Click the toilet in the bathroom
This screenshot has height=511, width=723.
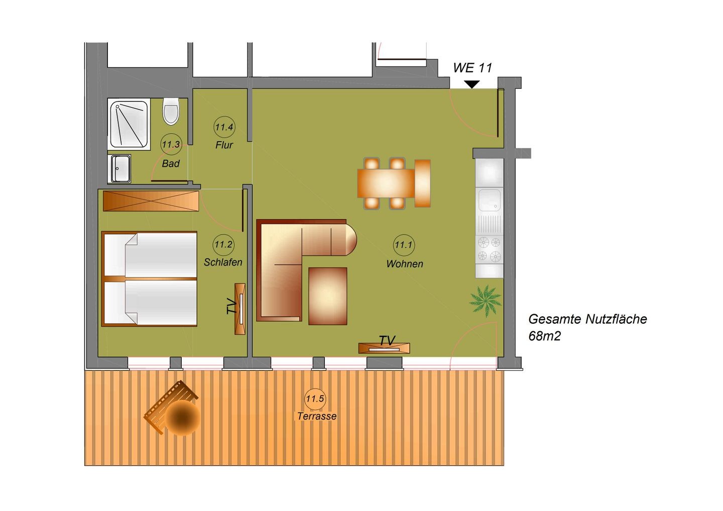pos(171,111)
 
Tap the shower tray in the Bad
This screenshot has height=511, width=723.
pos(129,124)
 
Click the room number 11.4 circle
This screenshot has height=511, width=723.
pos(224,127)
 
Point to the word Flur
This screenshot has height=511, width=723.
pos(224,145)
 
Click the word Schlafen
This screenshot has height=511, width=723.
pos(223,262)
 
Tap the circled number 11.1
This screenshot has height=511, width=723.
pos(404,245)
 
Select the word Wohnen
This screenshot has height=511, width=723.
pos(405,264)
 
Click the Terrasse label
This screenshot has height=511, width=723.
pos(317,416)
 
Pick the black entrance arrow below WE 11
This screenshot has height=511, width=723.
pos(472,84)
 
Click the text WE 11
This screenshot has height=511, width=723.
pos(472,68)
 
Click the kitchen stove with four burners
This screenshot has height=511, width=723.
pos(489,249)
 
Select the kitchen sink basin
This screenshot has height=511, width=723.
pos(490,200)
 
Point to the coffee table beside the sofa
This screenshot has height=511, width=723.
pos(327,296)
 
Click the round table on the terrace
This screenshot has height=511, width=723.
pos(183,418)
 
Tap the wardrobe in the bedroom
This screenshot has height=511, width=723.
pos(151,201)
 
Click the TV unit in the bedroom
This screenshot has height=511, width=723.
pos(240,309)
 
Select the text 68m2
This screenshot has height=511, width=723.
pos(544,336)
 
